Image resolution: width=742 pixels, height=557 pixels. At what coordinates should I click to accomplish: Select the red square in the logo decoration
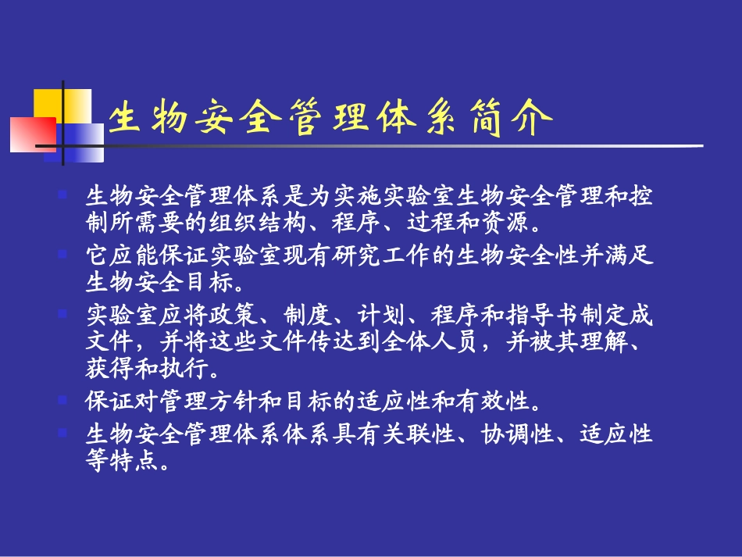(x=32, y=134)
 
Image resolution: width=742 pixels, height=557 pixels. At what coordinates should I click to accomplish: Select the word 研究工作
(x=370, y=255)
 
